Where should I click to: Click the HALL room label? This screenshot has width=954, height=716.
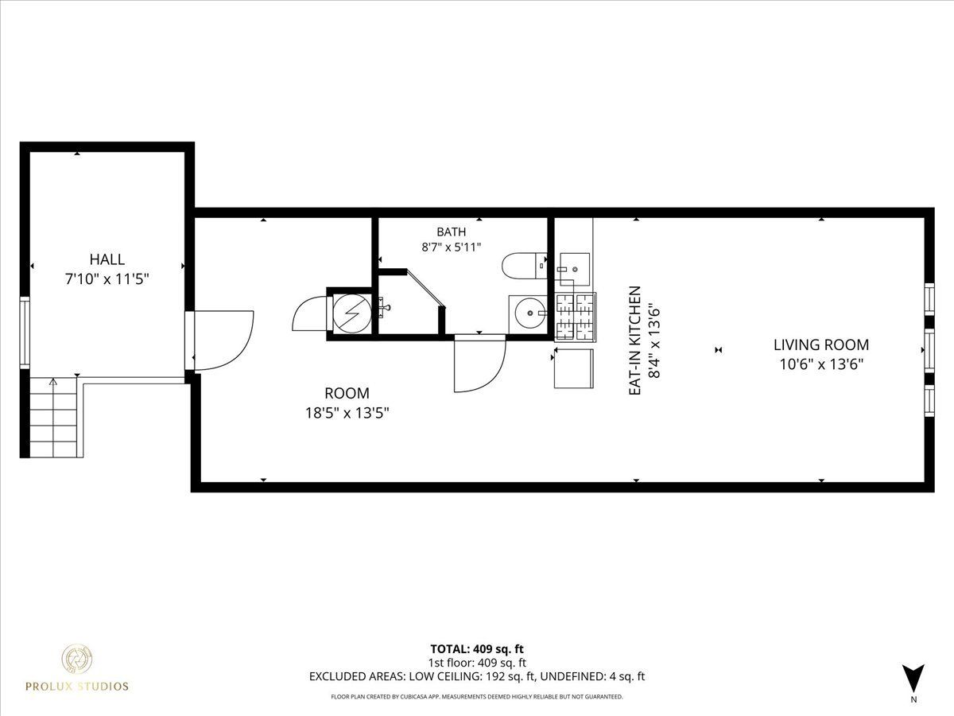click(107, 259)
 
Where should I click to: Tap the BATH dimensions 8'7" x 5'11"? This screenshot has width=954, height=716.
click(451, 247)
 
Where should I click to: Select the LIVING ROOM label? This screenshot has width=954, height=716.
click(821, 345)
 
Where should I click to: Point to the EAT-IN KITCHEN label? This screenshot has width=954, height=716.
click(635, 340)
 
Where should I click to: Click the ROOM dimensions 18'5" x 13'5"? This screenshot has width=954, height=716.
click(347, 413)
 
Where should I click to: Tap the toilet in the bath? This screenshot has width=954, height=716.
click(525, 265)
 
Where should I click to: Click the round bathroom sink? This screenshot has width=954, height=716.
click(529, 313)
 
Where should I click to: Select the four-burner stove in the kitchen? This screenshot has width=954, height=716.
click(575, 317)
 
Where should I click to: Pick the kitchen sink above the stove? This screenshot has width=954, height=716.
click(574, 269)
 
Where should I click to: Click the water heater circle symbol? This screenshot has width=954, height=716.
click(352, 314)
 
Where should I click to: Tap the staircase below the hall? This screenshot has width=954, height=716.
click(54, 418)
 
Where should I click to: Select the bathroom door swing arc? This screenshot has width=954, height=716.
click(480, 364)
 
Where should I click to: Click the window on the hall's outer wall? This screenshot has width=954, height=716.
click(25, 333)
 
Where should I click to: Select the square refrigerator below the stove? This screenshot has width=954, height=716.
click(574, 368)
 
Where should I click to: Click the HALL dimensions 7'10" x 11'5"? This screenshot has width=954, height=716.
click(107, 279)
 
